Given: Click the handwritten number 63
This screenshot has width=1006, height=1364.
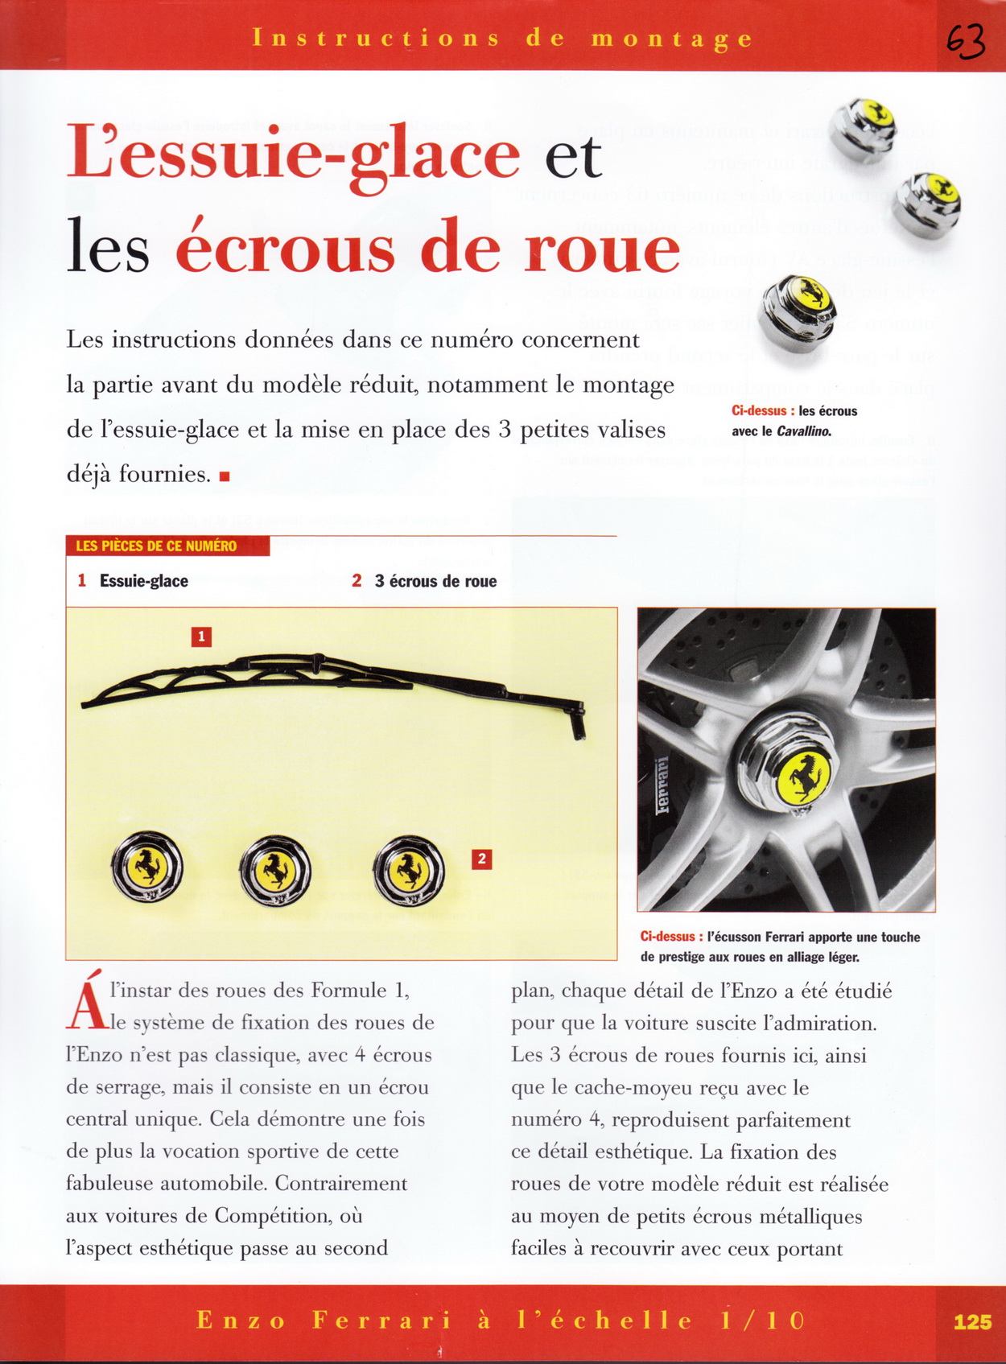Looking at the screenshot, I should pyautogui.click(x=965, y=40).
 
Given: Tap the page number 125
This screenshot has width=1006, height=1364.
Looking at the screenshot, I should pyautogui.click(x=972, y=1321).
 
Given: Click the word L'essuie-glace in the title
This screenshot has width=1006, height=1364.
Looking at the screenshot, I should pyautogui.click(x=293, y=154).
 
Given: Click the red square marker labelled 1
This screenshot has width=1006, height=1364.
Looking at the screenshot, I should pyautogui.click(x=201, y=637).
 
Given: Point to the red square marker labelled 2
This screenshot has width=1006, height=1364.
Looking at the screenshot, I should pyautogui.click(x=481, y=859).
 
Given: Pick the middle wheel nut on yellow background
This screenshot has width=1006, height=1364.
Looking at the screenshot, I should pyautogui.click(x=274, y=869).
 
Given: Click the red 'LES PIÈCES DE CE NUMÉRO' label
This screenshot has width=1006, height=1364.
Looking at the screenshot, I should pyautogui.click(x=156, y=546).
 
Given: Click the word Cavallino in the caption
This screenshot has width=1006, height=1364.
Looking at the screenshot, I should pyautogui.click(x=803, y=431).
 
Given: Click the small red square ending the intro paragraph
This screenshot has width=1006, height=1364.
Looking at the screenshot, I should pyautogui.click(x=225, y=476).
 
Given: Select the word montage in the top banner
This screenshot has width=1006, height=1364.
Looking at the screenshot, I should pyautogui.click(x=672, y=39).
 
